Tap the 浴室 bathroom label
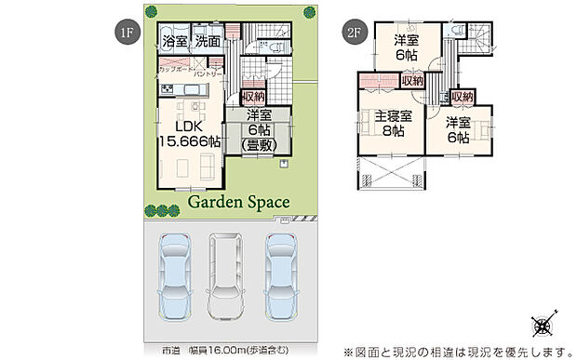click(175, 41)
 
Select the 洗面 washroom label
click(208, 41)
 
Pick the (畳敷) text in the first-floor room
click(259, 145)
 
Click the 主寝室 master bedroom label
click(390, 117)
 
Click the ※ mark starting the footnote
click(349, 352)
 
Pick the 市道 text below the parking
click(170, 352)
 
